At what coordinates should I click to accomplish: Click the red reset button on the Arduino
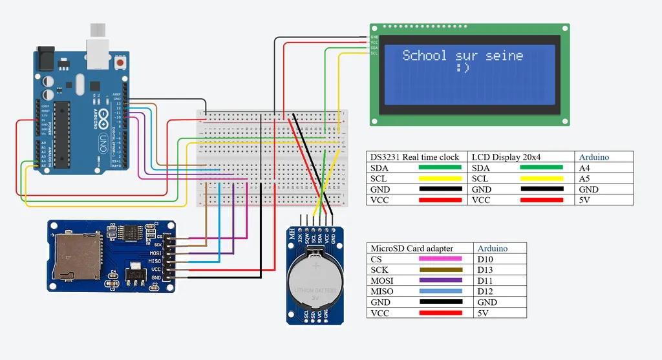[x=120, y=63]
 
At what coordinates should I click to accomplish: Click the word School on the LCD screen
[x=424, y=56]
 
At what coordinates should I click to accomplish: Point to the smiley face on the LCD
[x=462, y=68]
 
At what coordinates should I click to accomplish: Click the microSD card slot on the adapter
[x=76, y=257]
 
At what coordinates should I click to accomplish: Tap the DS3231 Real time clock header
[x=414, y=157]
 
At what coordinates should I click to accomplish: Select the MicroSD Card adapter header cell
[x=411, y=248]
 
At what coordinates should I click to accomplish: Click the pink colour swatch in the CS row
[x=440, y=259]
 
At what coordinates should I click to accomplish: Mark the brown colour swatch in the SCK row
[x=440, y=270]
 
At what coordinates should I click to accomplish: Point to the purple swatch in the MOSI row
[x=440, y=281]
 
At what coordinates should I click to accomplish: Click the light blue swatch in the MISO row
[x=440, y=291]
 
